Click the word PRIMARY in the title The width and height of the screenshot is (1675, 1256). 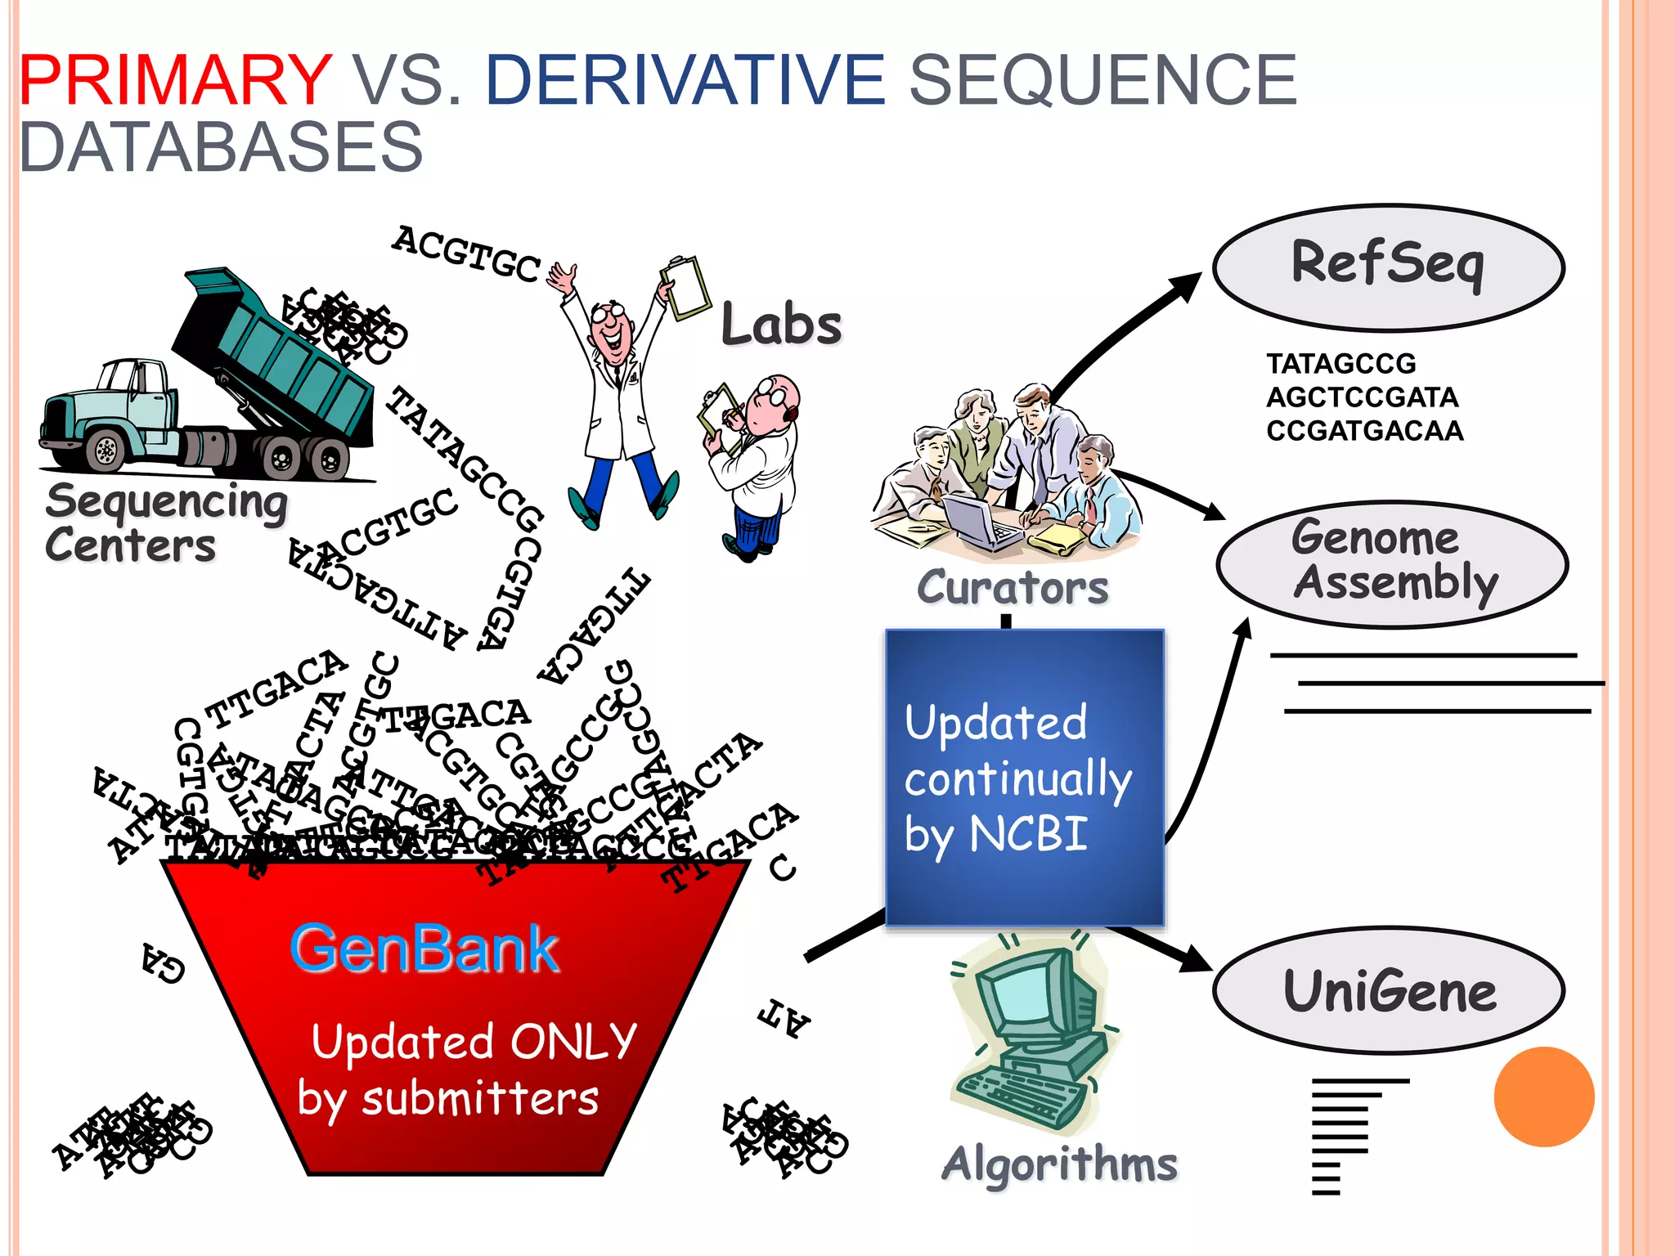[175, 80]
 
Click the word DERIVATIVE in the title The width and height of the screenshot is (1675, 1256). [685, 80]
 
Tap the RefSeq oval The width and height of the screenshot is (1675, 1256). [1388, 267]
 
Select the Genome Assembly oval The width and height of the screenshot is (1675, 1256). [1392, 563]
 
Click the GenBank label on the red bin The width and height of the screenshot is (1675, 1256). [424, 949]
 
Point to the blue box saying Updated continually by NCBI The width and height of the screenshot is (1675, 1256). [1024, 777]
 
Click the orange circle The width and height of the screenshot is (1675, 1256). [1543, 1097]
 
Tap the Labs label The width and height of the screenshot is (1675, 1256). [781, 325]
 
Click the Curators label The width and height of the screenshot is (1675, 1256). [1013, 587]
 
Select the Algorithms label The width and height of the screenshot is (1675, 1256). [1059, 1164]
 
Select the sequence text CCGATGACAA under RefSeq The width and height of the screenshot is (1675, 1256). [1364, 431]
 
